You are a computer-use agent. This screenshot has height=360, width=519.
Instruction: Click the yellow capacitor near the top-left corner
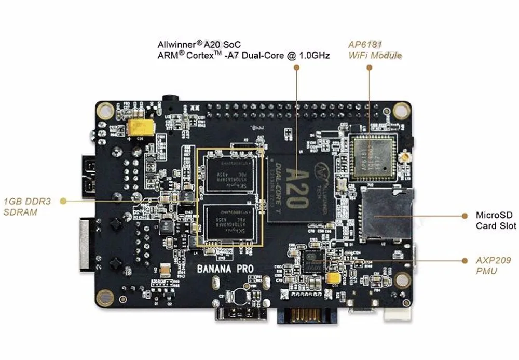(x=141, y=127)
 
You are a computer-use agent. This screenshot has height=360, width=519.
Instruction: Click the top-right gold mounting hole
(x=400, y=110)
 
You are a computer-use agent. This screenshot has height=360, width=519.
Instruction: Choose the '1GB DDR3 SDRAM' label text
(x=27, y=206)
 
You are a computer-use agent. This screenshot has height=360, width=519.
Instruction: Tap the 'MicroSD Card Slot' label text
(x=496, y=220)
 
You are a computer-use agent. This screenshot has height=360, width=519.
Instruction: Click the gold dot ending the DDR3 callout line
(x=63, y=201)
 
